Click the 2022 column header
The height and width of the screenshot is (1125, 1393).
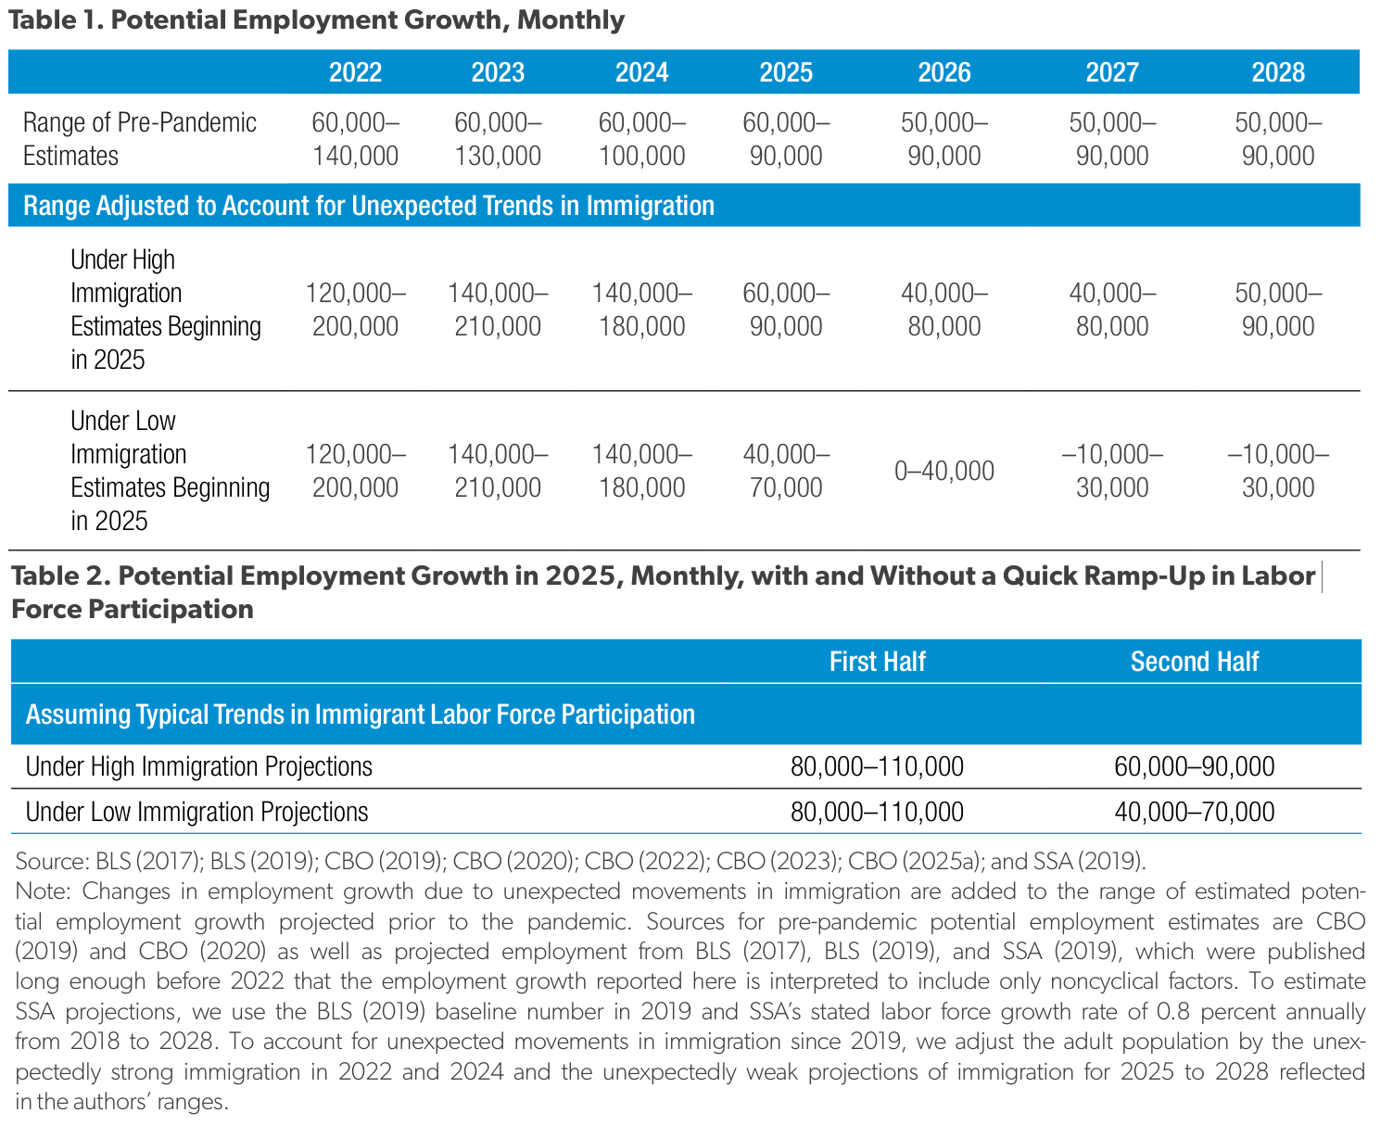(354, 72)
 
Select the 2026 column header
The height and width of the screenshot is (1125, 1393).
(943, 72)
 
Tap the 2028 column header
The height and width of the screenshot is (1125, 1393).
(1277, 72)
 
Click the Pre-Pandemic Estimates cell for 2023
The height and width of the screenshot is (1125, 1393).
(498, 139)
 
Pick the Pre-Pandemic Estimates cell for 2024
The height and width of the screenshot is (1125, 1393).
(641, 139)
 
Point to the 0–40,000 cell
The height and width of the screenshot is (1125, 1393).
(943, 471)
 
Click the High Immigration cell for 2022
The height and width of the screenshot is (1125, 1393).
(355, 310)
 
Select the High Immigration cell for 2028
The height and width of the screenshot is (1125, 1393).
(1278, 310)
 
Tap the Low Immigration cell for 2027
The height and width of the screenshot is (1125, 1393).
(1112, 471)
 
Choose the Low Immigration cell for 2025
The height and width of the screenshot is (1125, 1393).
(785, 471)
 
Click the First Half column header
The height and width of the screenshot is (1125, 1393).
(877, 662)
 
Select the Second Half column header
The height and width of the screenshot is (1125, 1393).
(1194, 662)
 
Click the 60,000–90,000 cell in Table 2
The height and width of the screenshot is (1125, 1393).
(1194, 766)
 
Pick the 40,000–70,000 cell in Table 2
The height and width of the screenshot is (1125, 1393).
(1194, 812)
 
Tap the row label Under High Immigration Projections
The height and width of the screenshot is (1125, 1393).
(199, 766)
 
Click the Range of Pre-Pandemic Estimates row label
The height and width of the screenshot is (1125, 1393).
(139, 139)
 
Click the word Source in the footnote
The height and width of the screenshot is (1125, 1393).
(51, 861)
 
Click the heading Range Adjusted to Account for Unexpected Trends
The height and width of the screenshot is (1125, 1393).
(369, 205)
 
